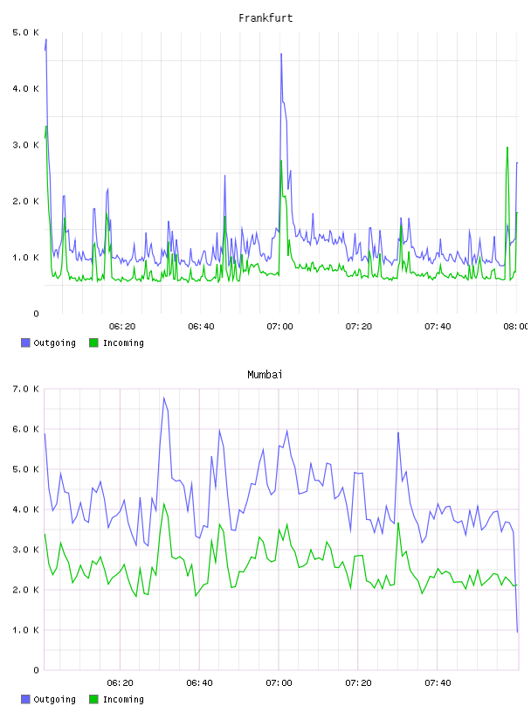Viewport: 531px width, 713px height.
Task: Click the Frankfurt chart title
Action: click(265, 18)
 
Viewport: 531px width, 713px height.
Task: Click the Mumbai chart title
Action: click(265, 375)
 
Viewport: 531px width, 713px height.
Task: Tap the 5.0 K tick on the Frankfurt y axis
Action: click(26, 32)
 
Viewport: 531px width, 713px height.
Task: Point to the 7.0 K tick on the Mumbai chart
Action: click(26, 389)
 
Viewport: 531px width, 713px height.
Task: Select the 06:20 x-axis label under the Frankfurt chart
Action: click(122, 327)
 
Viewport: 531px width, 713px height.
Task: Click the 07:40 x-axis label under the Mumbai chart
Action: click(438, 683)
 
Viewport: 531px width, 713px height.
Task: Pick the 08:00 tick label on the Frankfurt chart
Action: click(515, 327)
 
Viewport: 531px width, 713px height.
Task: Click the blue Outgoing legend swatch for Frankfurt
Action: click(25, 343)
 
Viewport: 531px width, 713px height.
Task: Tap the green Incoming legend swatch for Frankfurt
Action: click(93, 343)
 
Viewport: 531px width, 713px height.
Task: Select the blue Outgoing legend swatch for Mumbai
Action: click(25, 699)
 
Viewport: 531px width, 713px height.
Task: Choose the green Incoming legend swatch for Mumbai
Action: click(93, 699)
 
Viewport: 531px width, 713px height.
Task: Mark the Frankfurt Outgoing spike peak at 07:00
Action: click(281, 54)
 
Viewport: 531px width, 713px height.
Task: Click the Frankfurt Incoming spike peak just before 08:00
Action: click(507, 148)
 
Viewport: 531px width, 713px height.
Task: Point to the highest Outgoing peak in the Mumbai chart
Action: click(163, 398)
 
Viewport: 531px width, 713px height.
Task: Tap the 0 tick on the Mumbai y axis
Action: click(36, 670)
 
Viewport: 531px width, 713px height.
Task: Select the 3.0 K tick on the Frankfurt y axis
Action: click(26, 145)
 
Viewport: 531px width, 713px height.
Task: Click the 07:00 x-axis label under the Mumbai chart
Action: click(279, 683)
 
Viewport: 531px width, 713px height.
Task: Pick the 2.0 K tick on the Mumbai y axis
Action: click(26, 590)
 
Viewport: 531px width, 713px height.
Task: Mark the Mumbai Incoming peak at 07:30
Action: click(398, 523)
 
